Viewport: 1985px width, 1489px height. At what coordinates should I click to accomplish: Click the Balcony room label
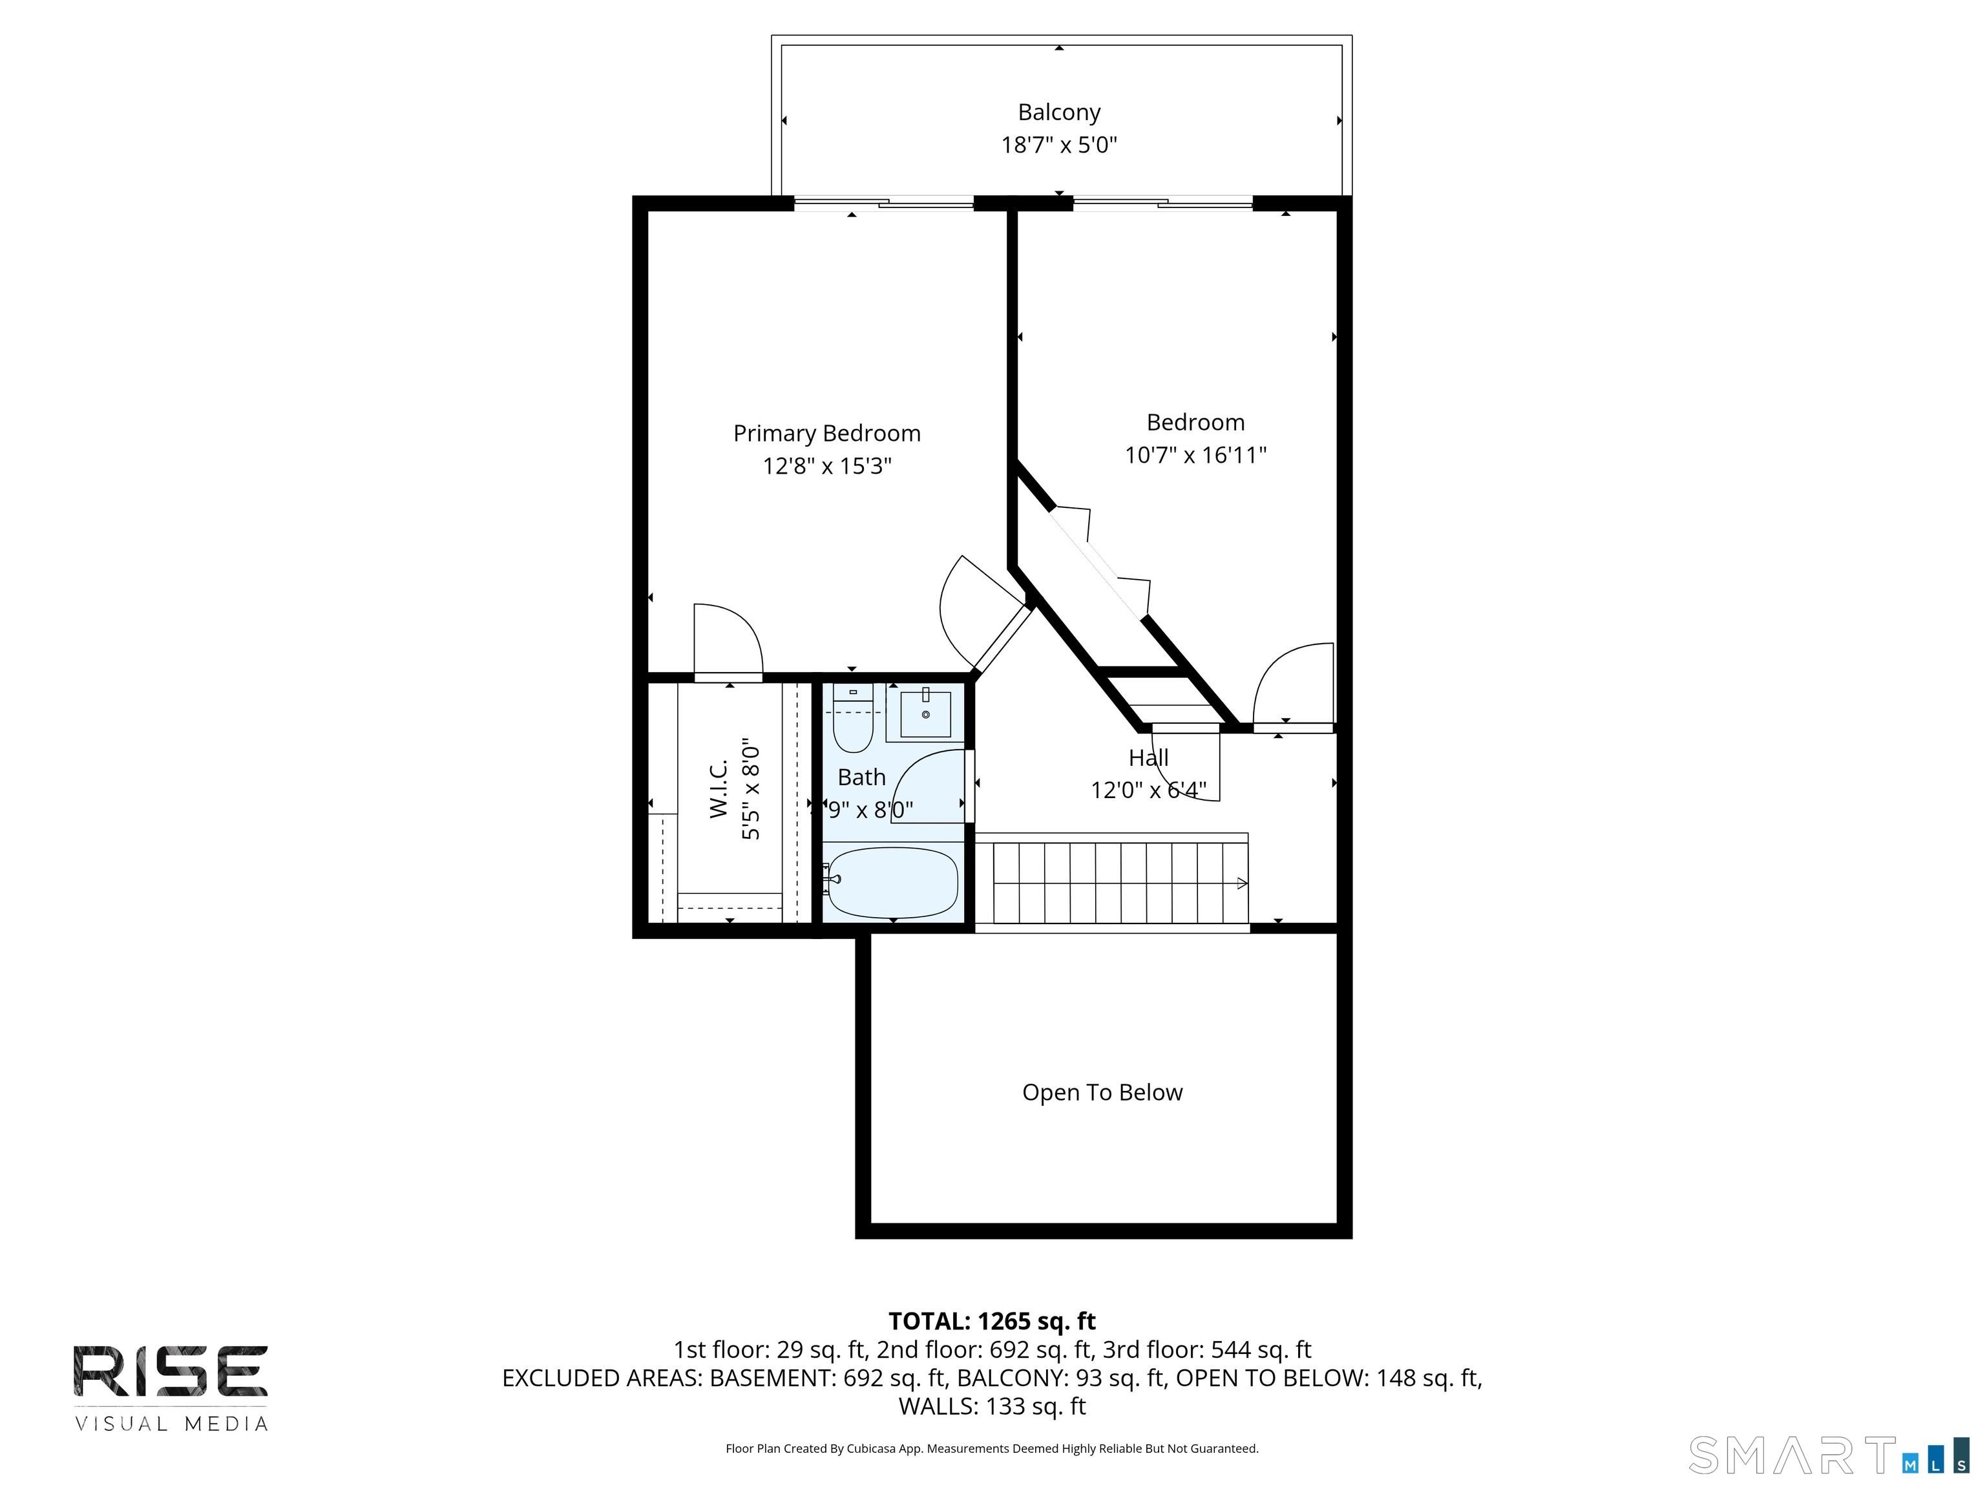[1059, 112]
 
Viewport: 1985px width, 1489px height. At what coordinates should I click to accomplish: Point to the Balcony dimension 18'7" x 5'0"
[1059, 145]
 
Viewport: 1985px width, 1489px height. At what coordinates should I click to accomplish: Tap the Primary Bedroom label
[826, 434]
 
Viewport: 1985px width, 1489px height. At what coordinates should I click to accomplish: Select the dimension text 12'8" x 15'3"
[826, 466]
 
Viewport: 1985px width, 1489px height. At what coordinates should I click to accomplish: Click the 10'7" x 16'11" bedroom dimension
[1195, 455]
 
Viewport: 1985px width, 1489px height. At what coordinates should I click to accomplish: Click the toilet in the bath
[852, 723]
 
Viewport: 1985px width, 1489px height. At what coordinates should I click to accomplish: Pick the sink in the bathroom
[925, 714]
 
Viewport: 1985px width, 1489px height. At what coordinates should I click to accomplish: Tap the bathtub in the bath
[893, 882]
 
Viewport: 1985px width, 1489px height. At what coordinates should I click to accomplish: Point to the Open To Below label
[1102, 1092]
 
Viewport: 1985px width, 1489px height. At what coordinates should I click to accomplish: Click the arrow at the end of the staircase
[1242, 883]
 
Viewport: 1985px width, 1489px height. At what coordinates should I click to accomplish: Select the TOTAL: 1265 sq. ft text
[992, 1321]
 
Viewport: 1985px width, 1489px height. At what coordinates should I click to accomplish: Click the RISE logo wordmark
[171, 1371]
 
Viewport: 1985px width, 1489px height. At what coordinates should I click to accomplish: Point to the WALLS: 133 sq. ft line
[992, 1406]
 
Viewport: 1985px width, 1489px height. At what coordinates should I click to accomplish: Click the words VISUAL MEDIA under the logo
[171, 1424]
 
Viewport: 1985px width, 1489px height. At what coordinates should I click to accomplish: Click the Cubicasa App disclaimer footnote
[992, 1449]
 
